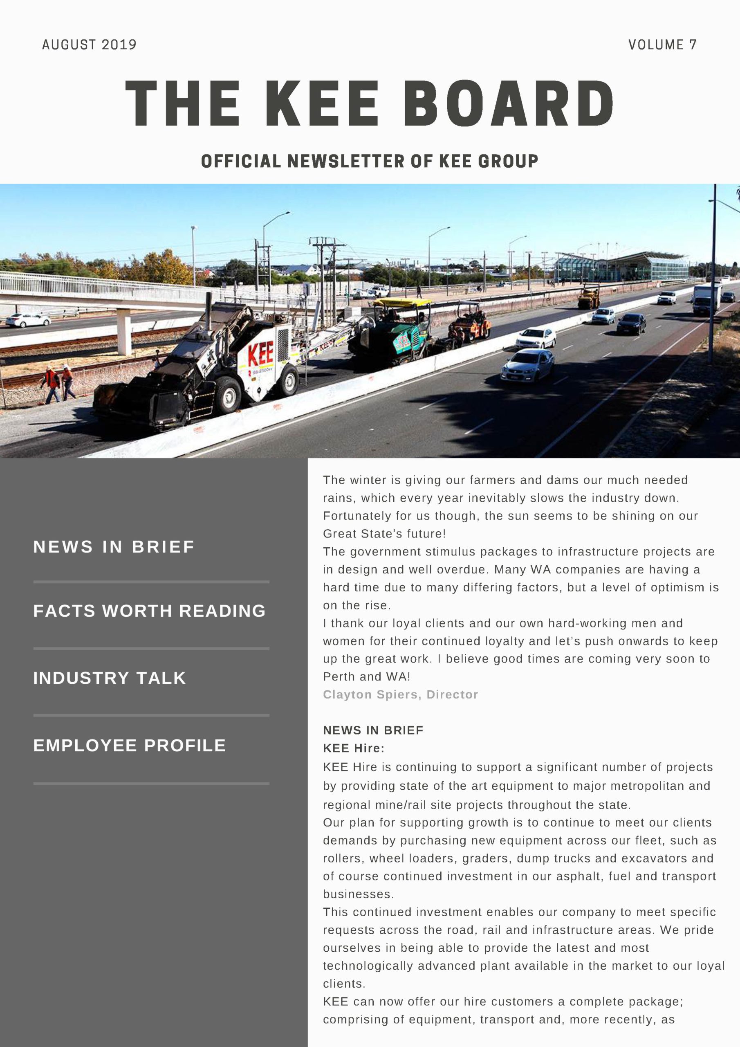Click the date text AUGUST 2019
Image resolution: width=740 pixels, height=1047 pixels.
click(90, 45)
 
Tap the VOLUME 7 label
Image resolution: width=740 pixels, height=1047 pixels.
click(662, 45)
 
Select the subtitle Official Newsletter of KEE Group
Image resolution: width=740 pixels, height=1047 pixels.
click(369, 161)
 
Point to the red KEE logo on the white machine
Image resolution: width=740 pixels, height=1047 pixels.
click(260, 353)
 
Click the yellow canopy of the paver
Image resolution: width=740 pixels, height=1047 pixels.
click(402, 302)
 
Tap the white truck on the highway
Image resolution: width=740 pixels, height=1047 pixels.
click(706, 299)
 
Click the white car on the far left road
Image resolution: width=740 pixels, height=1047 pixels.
click(28, 320)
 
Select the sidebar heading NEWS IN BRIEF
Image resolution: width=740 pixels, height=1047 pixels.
click(114, 546)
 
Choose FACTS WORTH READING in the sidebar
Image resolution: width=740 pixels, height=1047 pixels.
click(149, 611)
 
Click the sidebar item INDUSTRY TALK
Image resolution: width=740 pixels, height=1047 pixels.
click(110, 678)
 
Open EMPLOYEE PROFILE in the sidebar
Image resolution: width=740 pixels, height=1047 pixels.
click(130, 745)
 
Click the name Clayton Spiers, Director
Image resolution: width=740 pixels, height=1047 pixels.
click(400, 694)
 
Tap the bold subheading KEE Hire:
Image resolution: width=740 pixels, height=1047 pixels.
click(354, 748)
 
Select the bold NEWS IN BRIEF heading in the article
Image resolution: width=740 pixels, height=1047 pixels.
click(373, 730)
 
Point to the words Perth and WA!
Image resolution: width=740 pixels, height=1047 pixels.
click(367, 677)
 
